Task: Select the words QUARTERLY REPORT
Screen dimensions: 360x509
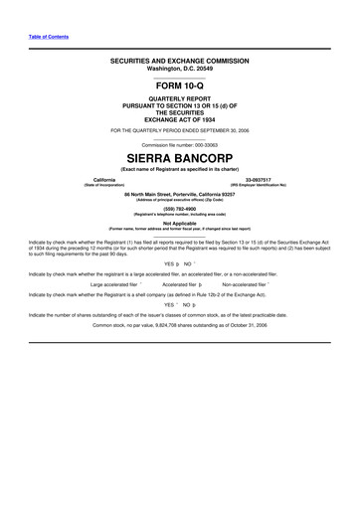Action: pos(179,99)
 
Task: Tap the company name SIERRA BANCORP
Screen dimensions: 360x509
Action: pos(179,158)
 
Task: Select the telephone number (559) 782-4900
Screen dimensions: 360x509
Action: pos(179,208)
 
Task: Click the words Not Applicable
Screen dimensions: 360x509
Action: pos(179,223)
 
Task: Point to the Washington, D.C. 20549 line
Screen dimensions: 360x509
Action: pos(179,69)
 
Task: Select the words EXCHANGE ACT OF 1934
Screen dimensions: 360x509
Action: pos(179,118)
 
